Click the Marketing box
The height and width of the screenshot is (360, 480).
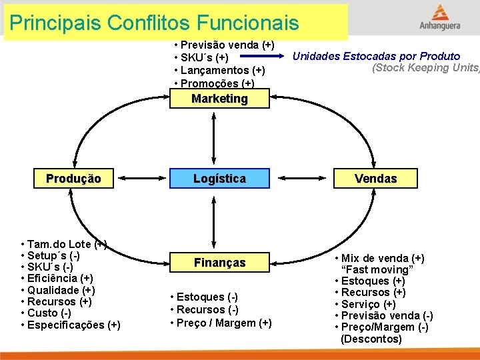pyautogui.click(x=219, y=99)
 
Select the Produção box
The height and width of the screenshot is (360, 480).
pyautogui.click(x=73, y=179)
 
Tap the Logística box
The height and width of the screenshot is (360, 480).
pyautogui.click(x=219, y=179)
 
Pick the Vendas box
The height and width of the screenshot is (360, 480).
pyautogui.click(x=375, y=179)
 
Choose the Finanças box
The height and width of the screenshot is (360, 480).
pyautogui.click(x=219, y=263)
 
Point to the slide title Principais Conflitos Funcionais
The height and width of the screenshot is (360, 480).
pyautogui.click(x=155, y=24)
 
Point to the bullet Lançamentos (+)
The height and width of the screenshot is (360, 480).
pyautogui.click(x=219, y=71)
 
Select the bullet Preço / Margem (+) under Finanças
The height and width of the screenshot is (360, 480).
pyautogui.click(x=221, y=323)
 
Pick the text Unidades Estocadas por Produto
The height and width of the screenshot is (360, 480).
pyautogui.click(x=377, y=56)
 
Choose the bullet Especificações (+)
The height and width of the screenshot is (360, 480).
pyautogui.click(x=71, y=325)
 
